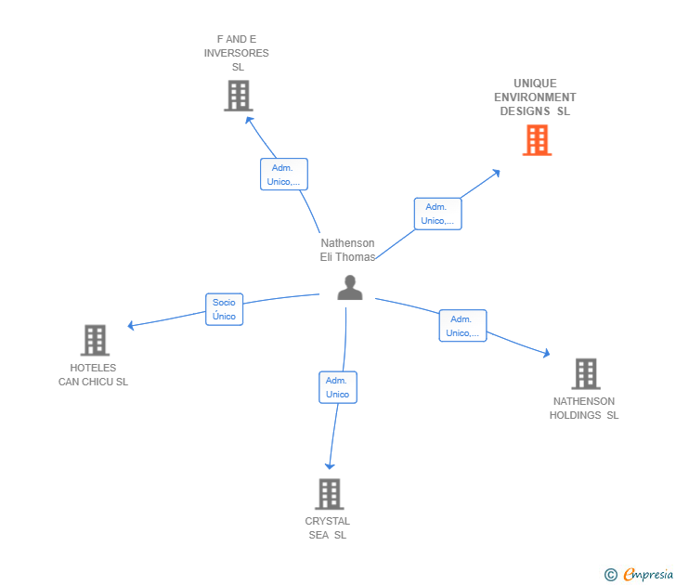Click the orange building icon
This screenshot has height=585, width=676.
[x=537, y=140]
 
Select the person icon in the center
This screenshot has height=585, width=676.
[x=350, y=288]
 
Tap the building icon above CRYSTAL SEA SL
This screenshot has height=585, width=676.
[x=329, y=494]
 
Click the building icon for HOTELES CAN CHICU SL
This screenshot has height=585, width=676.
[x=95, y=341]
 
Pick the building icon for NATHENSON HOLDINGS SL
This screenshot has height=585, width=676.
[x=585, y=373]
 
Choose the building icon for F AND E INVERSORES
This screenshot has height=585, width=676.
[x=238, y=96]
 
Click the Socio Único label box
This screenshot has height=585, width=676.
[x=224, y=309]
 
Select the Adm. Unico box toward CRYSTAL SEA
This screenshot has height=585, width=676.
[x=337, y=387]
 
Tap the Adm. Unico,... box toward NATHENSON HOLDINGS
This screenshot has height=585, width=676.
[x=462, y=326]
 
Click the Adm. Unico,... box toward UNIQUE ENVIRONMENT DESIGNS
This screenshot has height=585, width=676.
[x=437, y=214]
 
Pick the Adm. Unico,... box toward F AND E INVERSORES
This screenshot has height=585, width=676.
[x=283, y=175]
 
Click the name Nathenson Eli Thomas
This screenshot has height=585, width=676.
[x=347, y=250]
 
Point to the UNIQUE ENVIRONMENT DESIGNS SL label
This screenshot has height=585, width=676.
[x=535, y=97]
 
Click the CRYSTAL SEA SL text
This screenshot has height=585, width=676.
[x=328, y=527]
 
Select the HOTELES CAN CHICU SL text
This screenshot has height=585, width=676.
[x=93, y=375]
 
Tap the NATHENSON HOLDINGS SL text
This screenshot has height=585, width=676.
[x=584, y=409]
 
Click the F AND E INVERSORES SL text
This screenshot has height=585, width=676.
[x=237, y=53]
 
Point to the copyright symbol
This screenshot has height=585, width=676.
[x=611, y=575]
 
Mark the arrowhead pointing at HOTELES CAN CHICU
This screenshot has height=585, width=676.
[x=131, y=325]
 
